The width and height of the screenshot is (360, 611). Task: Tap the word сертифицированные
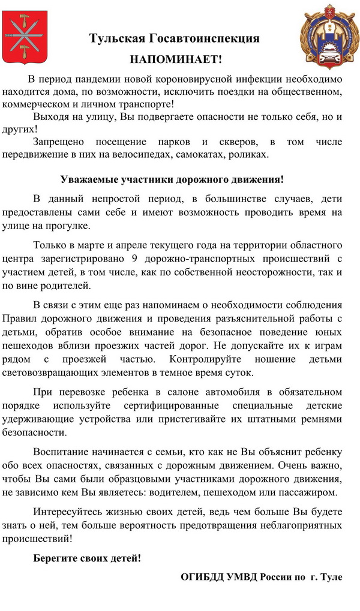161,405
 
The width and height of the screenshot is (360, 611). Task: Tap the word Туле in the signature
332,577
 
